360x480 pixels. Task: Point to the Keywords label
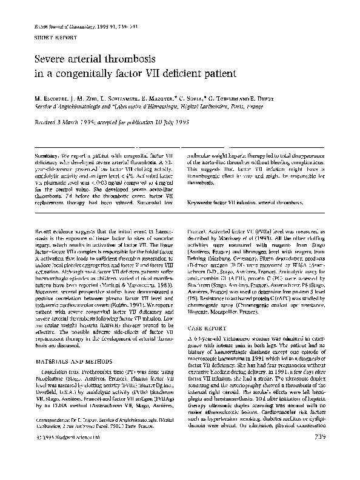point(201,202)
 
